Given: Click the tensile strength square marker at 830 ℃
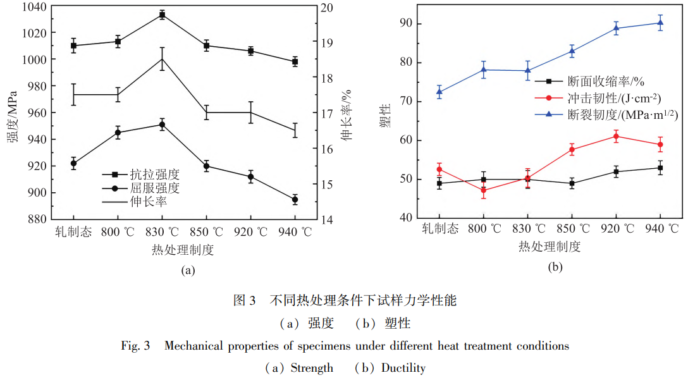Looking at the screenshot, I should [x=162, y=15].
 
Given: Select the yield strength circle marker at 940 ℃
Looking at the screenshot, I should [x=295, y=199].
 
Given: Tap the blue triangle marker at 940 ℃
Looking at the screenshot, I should [x=660, y=23].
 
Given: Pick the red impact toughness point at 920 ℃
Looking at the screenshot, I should [x=616, y=136].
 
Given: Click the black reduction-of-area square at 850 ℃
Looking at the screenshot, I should [x=572, y=183].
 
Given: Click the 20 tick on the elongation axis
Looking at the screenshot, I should [x=326, y=8].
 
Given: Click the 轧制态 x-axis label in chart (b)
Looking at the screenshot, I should [x=440, y=229].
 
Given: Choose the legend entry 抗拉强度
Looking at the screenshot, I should [x=155, y=174].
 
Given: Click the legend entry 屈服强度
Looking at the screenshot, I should [x=155, y=188].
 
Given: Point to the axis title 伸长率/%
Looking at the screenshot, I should [x=347, y=114].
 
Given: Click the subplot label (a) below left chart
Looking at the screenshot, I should [x=188, y=270].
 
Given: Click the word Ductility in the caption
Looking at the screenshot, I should [x=403, y=368].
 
